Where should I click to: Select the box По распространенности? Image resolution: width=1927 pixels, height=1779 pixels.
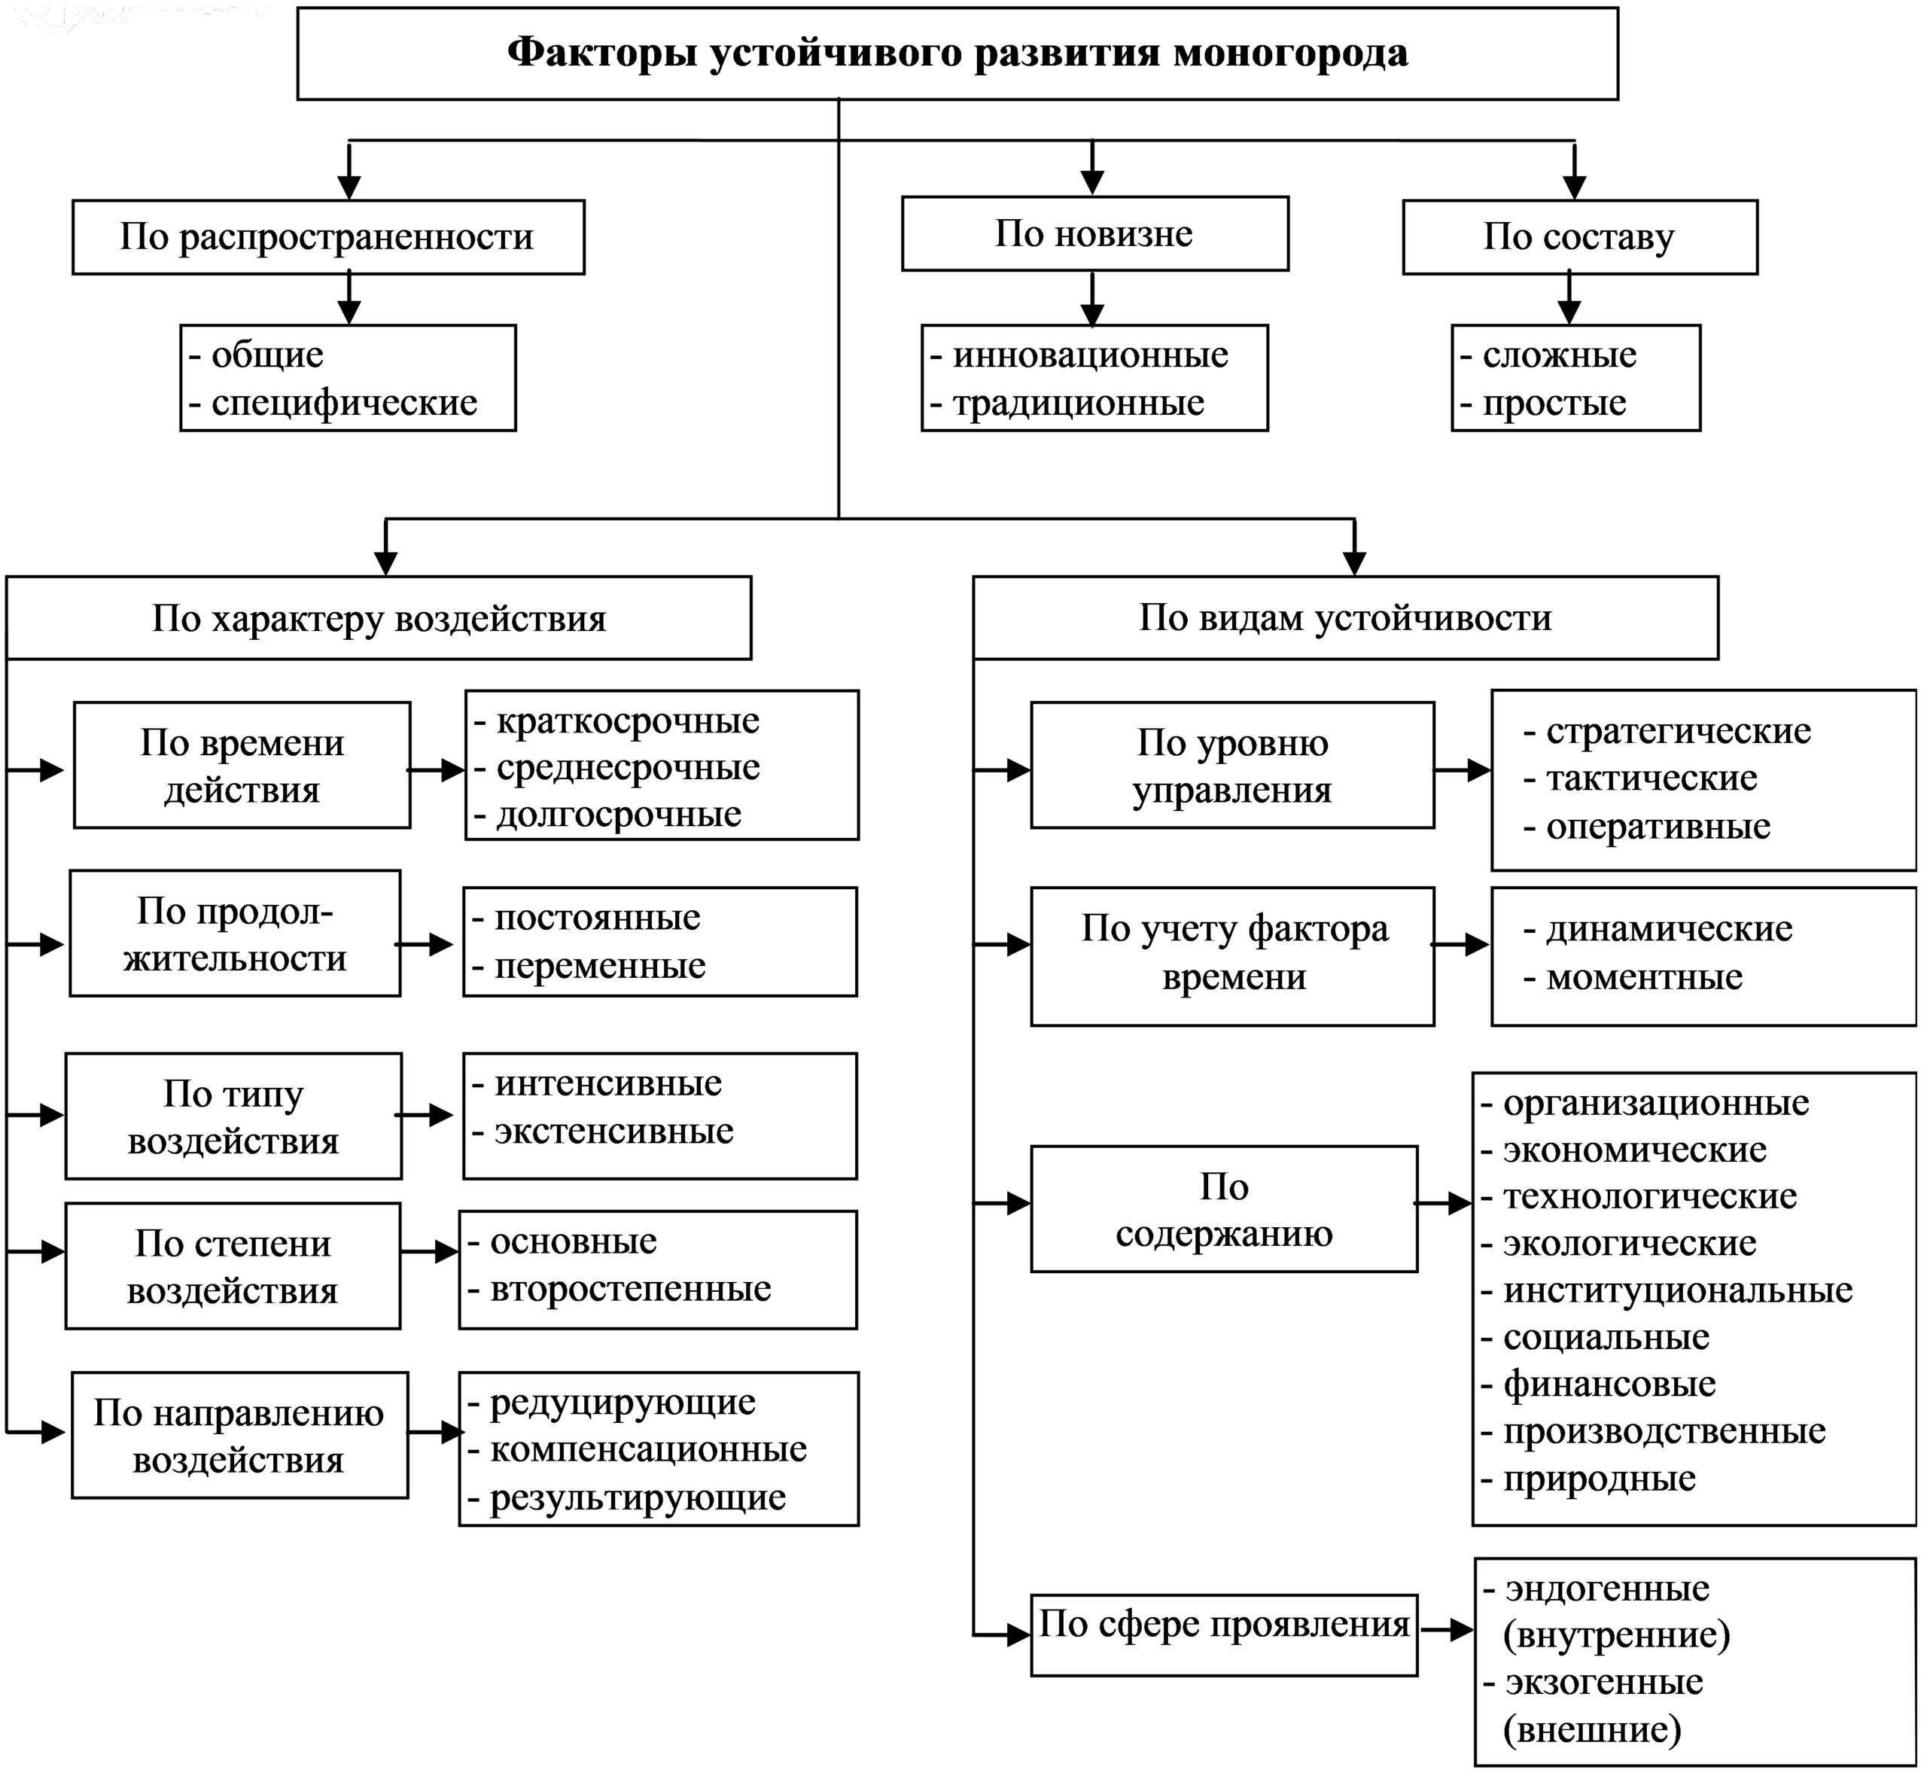tap(327, 237)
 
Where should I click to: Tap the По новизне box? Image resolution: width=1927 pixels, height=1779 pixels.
tap(1094, 234)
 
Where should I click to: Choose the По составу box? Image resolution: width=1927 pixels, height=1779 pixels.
tap(1578, 237)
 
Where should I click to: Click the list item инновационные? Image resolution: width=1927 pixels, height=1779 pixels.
tap(1090, 355)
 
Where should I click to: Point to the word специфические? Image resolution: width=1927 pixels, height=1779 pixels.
tap(344, 402)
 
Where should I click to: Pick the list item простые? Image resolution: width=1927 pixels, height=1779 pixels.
tap(1554, 402)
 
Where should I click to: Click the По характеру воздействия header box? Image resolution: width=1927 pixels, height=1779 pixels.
tap(379, 618)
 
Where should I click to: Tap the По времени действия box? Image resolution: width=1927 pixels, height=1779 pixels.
tap(242, 766)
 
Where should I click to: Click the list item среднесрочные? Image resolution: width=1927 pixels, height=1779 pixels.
tap(628, 767)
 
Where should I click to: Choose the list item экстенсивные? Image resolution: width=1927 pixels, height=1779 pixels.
tap(613, 1131)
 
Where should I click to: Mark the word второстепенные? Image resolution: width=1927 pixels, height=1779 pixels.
tap(631, 1288)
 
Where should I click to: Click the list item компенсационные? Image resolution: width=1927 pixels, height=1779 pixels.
tap(648, 1448)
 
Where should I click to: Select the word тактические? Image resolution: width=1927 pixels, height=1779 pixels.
tap(1651, 778)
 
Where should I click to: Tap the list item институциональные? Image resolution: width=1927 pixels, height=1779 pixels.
tap(1677, 1290)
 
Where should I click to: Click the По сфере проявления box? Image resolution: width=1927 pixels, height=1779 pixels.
tap(1223, 1624)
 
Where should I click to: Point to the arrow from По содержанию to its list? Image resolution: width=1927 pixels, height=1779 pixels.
tap(1443, 1203)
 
